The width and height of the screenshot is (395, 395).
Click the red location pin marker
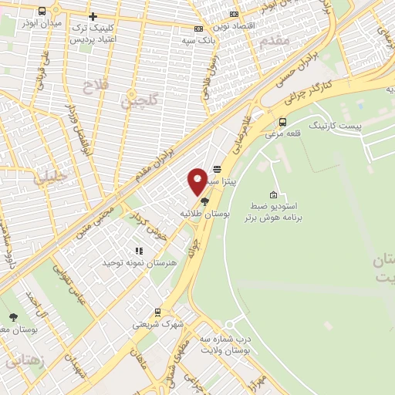[197, 181]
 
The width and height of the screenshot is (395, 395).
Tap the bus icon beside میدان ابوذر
[41, 12]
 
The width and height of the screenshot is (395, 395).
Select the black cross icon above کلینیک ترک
[93, 15]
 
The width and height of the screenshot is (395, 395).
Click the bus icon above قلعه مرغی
[283, 121]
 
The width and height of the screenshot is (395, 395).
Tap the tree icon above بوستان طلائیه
[204, 201]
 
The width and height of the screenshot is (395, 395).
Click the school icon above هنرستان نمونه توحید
[140, 251]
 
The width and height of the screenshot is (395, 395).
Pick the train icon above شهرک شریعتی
[158, 312]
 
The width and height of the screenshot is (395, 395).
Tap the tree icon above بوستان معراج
[13, 317]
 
